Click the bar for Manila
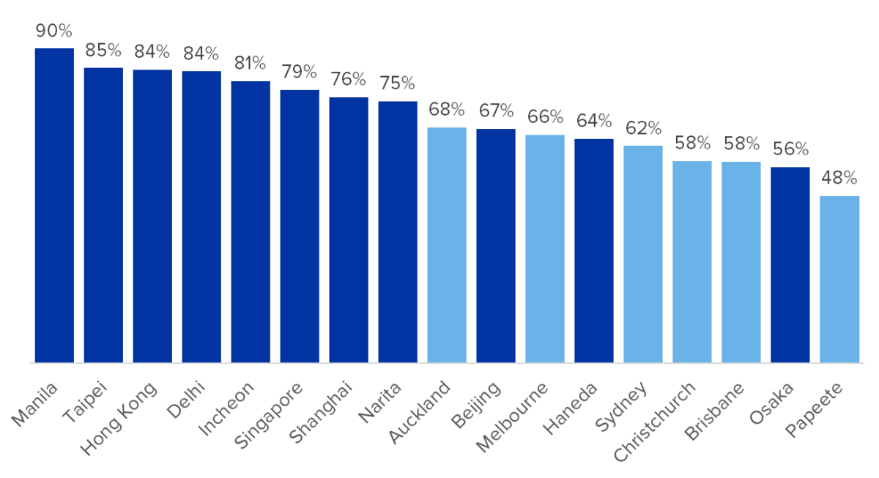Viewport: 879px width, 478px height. click(54, 206)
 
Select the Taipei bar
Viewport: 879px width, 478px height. click(103, 215)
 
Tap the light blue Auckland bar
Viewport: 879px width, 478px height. click(447, 245)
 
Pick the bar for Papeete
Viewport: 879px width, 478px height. click(839, 279)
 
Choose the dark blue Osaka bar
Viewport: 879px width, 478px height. click(790, 265)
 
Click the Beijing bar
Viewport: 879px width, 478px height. click(496, 246)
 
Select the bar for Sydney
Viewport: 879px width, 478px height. click(643, 254)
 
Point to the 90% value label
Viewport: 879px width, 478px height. click(53, 31)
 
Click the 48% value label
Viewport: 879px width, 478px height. click(839, 178)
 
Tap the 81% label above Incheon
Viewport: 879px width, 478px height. click(250, 63)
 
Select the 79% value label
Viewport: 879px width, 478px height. click(299, 72)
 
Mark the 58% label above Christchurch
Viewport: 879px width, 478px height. click(692, 143)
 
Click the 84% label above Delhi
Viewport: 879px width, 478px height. click(201, 53)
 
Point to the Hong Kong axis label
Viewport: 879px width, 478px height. click(119, 419)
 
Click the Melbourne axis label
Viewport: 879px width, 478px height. click(512, 417)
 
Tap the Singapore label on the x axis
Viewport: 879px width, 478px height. click(268, 415)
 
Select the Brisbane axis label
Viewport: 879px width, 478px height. click(713, 411)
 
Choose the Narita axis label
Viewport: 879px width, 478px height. click(379, 403)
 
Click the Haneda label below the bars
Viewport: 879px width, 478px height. click(570, 408)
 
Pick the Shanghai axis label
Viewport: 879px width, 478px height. click(320, 412)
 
